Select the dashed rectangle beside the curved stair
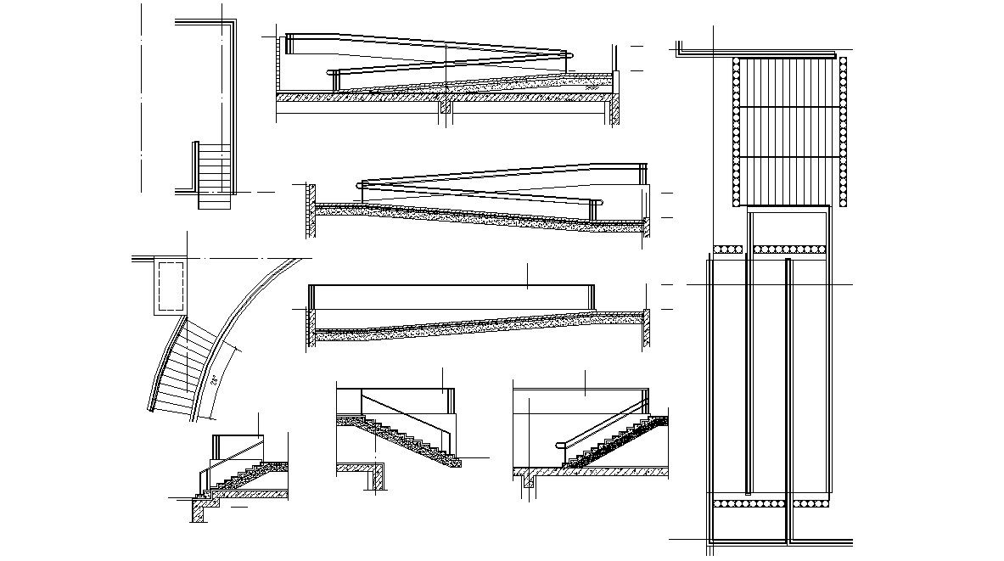[171, 285]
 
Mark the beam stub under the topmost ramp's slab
[444, 109]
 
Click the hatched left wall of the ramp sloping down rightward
[311, 210]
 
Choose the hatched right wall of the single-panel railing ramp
[647, 328]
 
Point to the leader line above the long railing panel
[528, 275]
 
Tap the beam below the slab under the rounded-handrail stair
[527, 481]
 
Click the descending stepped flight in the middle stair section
[399, 438]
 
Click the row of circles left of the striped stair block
[735, 131]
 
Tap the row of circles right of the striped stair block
[843, 131]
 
